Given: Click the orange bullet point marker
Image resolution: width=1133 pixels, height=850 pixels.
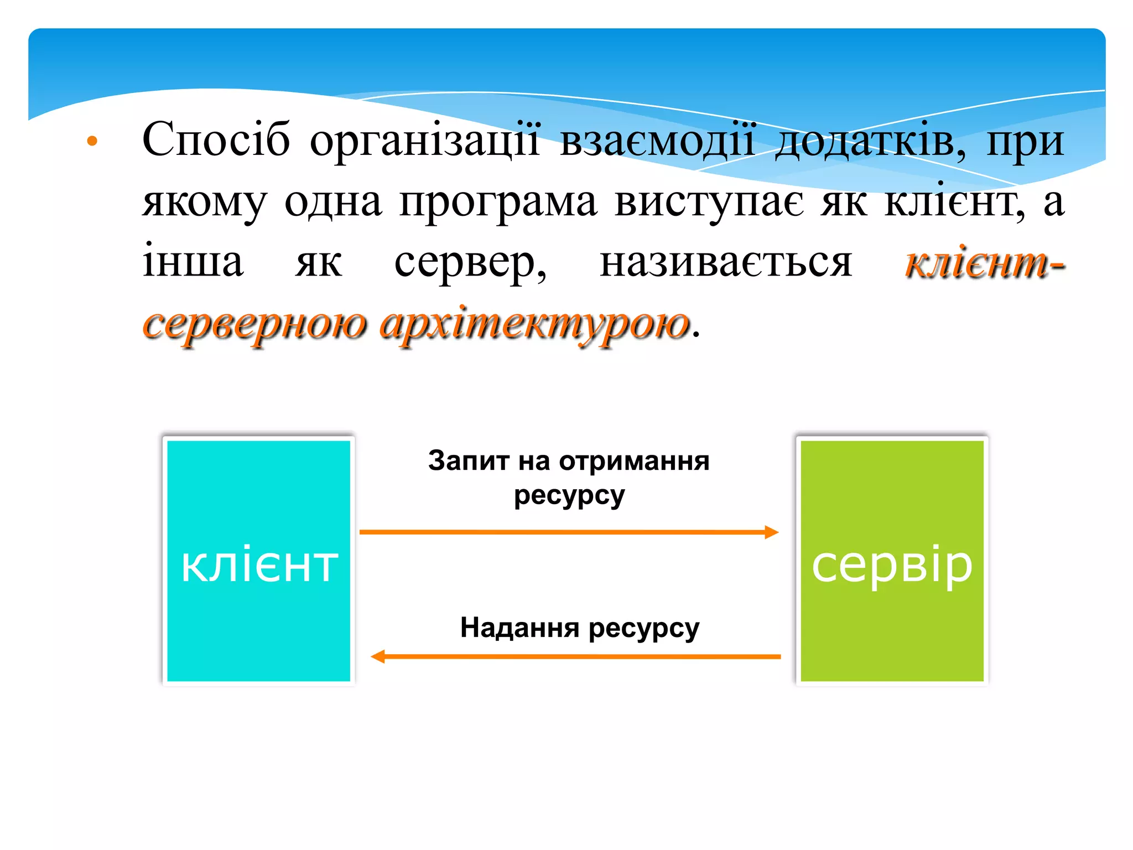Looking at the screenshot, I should tap(92, 141).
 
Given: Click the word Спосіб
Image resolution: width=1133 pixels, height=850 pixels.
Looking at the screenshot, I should tap(216, 140).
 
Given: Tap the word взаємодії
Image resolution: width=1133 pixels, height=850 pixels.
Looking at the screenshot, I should tap(657, 140).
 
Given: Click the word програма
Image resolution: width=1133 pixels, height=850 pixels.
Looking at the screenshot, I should tap(498, 202).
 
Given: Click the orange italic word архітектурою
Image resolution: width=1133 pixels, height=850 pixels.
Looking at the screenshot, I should tap(535, 325).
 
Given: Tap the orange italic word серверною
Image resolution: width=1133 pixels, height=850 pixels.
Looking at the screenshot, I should tap(254, 325).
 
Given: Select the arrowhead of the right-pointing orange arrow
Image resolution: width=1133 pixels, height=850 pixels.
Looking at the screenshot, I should tap(772, 532).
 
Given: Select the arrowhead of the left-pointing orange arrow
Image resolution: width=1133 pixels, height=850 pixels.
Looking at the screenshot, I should tap(378, 657).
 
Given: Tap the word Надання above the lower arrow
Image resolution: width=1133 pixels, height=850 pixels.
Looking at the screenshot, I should tap(519, 628).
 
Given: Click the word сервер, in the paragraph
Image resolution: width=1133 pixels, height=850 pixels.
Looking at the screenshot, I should tap(470, 263).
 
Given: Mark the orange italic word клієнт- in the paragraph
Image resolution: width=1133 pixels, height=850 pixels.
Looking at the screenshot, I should tap(984, 263).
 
